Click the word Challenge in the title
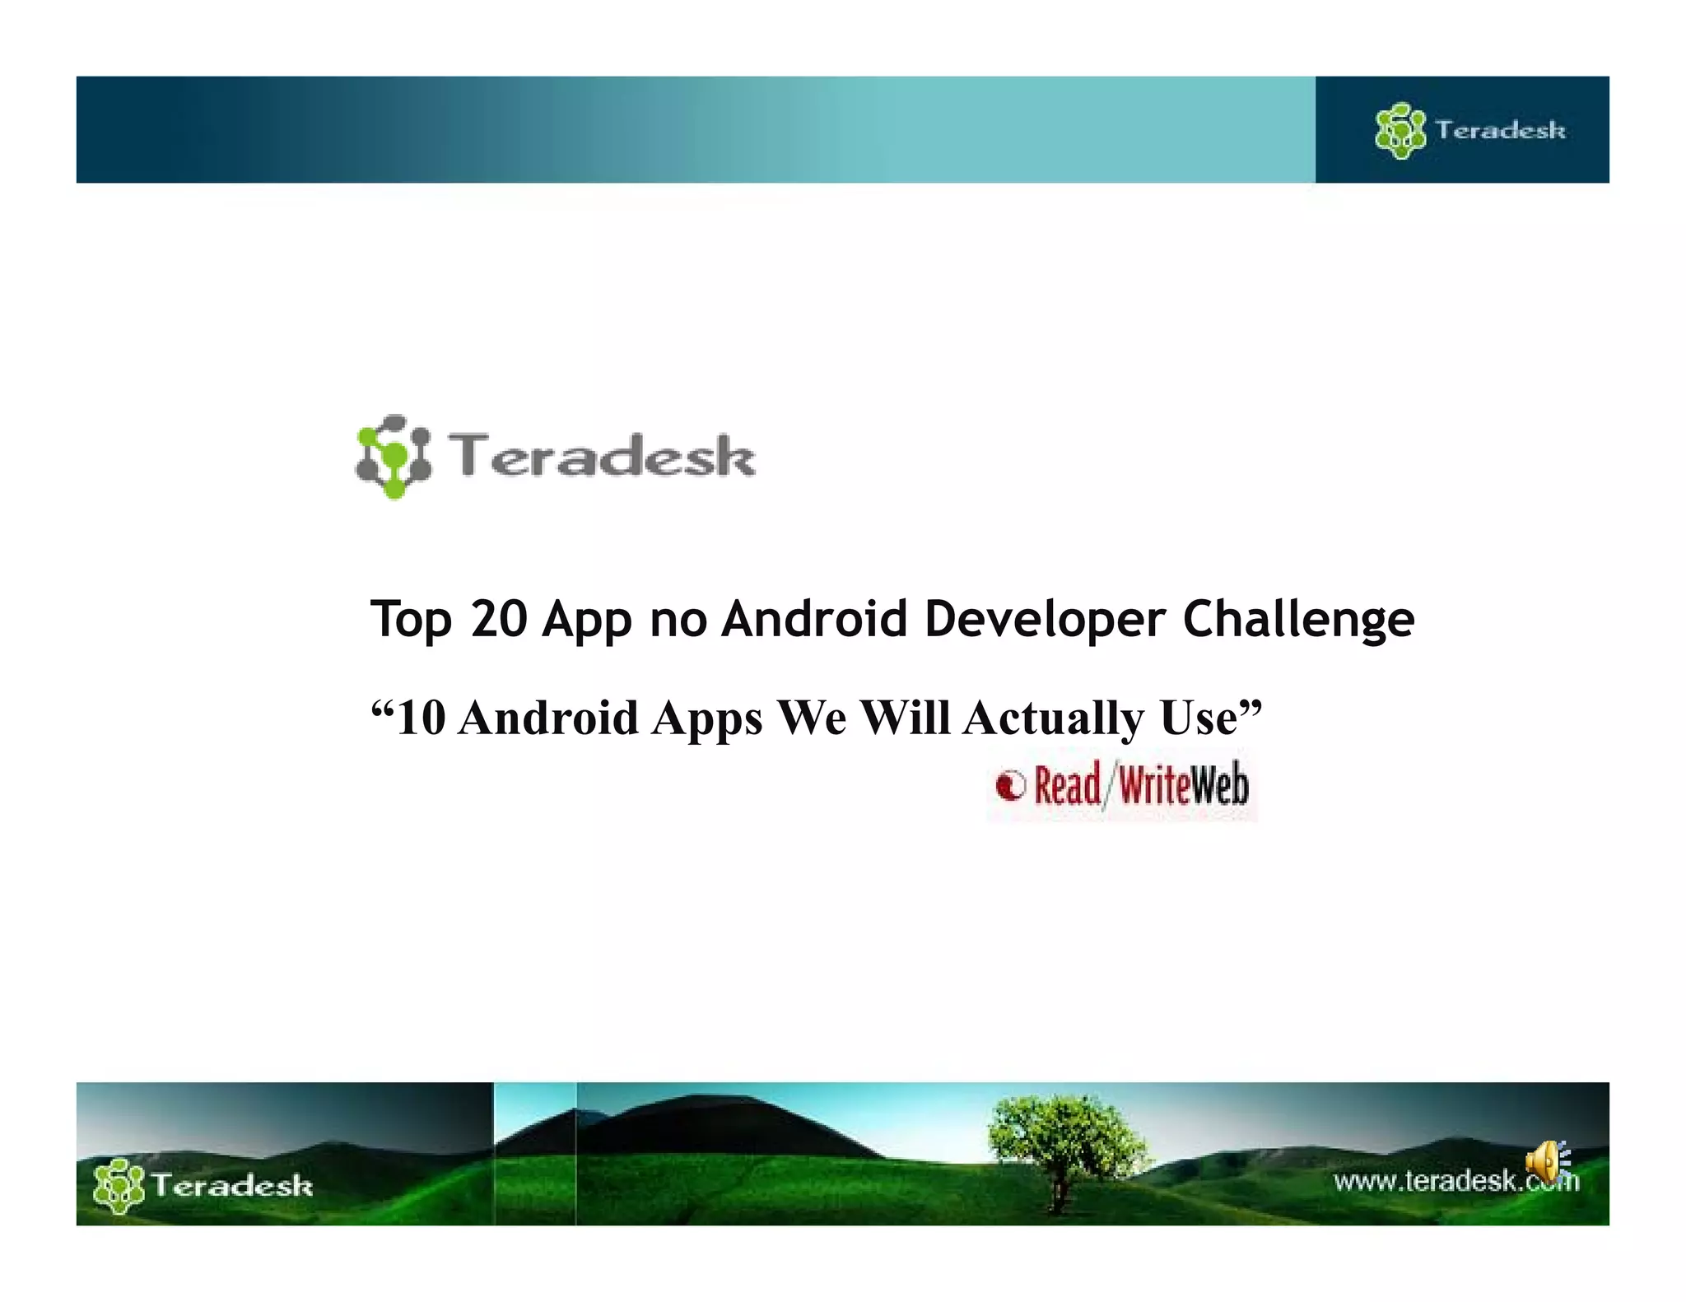[x=1298, y=620]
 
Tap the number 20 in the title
[x=499, y=619]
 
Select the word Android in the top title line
[x=814, y=619]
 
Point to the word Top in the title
[x=411, y=620]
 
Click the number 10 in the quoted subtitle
[x=421, y=718]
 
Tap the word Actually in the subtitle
[x=1053, y=718]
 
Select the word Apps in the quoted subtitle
[x=707, y=718]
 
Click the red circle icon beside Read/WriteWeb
[x=1011, y=785]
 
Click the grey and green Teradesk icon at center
[x=394, y=456]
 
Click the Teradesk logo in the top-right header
[x=1470, y=130]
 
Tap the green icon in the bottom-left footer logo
[x=119, y=1185]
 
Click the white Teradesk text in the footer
[x=232, y=1185]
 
